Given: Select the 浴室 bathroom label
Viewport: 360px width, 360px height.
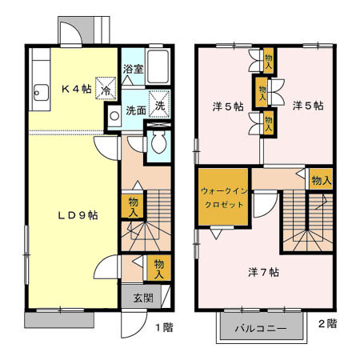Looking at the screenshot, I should point(133,70).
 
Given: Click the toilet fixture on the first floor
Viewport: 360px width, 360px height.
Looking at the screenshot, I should point(158,145).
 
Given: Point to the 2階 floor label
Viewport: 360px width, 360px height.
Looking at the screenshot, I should point(326,324).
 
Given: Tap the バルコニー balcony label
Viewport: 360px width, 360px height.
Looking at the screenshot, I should point(260,329).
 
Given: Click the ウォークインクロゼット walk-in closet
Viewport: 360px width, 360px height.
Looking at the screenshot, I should point(224,198).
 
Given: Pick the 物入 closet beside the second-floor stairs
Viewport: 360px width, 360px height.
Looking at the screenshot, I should point(321,181).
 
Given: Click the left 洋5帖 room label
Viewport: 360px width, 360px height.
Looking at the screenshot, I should point(227,107).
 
